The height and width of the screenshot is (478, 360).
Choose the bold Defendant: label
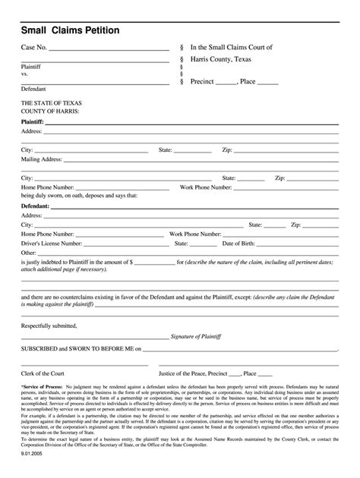[x=36, y=206]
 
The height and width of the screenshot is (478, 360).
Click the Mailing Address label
[x=42, y=159]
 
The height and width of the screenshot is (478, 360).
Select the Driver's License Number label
[x=52, y=244]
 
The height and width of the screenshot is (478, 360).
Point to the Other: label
[x=29, y=253]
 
